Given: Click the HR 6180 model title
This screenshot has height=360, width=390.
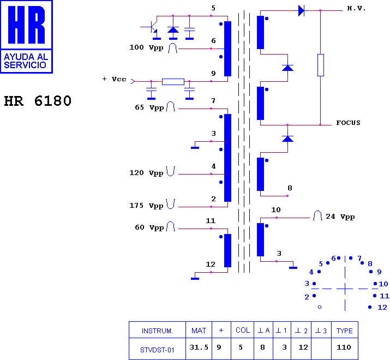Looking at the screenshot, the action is [38, 101].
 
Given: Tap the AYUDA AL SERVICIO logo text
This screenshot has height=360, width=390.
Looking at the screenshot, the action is [26, 61].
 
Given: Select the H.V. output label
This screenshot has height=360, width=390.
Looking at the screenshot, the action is [356, 9].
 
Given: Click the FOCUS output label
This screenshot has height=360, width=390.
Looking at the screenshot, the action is [348, 123].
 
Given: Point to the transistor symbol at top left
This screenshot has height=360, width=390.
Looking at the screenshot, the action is [152, 28].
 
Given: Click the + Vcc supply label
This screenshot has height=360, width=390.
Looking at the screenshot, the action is [115, 79].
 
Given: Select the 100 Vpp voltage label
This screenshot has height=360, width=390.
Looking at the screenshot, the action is [146, 47].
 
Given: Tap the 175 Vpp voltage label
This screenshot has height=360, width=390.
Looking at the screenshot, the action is [146, 206].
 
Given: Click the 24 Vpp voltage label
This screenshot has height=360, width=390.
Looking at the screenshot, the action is [340, 217].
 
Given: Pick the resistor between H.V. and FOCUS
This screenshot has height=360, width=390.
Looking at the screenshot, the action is [321, 65].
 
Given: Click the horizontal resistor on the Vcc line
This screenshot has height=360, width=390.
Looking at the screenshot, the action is [173, 82].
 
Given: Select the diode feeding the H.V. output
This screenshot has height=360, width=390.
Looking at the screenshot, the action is [302, 11].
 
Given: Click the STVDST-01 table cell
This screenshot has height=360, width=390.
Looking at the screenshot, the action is [157, 350].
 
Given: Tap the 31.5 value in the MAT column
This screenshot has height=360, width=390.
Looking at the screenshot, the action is [199, 347].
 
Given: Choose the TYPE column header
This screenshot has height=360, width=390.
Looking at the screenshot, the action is [345, 331].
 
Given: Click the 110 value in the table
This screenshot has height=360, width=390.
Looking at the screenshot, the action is [344, 347].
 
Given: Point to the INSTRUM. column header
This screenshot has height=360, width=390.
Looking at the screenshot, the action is [157, 331].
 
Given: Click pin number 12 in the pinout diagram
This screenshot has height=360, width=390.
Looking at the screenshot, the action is [382, 308].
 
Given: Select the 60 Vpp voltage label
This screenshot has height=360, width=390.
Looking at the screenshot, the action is [149, 227].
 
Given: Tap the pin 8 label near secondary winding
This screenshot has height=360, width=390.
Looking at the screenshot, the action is [290, 188].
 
